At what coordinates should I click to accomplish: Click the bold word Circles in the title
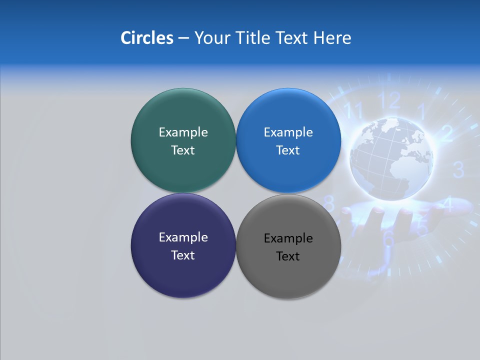(146, 38)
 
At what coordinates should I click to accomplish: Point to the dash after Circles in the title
(183, 38)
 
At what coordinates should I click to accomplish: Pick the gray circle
(288, 272)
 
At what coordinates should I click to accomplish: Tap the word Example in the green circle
(183, 132)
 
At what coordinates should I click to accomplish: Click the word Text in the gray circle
(288, 256)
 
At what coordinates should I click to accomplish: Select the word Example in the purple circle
(183, 237)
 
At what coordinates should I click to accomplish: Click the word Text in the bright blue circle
(288, 150)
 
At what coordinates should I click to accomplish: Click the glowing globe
(391, 158)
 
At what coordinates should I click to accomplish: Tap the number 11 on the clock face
(354, 110)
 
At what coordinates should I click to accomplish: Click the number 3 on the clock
(458, 170)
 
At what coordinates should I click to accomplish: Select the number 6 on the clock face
(388, 239)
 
